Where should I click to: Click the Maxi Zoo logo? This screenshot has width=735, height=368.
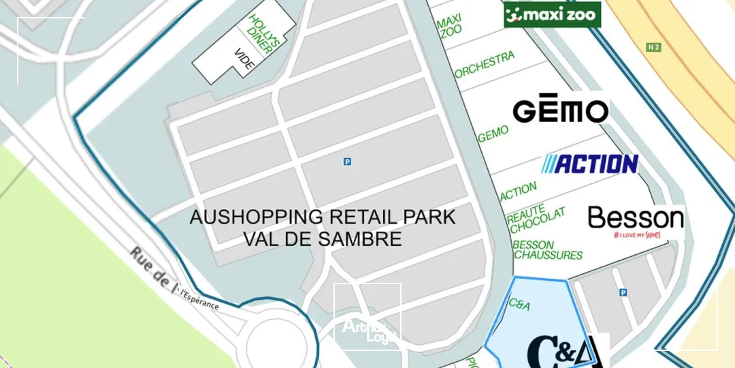click(552, 14)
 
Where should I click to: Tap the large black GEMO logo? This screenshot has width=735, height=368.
click(560, 110)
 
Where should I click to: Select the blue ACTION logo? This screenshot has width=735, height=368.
click(589, 164)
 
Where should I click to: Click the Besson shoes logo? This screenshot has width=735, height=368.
click(636, 221)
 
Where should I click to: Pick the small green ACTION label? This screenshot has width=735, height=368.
click(518, 192)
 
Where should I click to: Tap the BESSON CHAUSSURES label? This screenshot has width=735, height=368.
click(547, 250)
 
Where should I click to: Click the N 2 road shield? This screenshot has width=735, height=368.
click(653, 47)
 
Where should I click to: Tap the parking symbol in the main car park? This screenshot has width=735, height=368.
click(347, 162)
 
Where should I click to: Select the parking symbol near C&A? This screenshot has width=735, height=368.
click(623, 292)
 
